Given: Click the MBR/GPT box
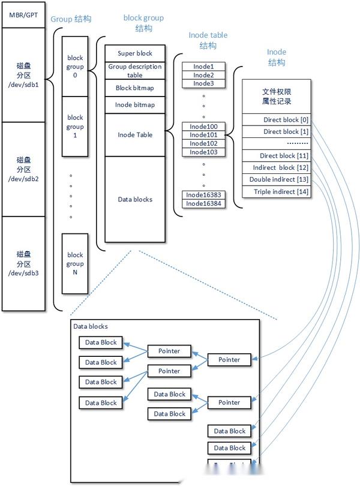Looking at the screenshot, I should tap(23, 14).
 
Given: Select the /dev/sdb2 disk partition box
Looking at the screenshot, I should tap(23, 169).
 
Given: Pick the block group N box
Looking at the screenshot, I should tap(75, 264).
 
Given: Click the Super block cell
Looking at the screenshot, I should tap(135, 53).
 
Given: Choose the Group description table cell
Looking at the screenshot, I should tap(135, 71).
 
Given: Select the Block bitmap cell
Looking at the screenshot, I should tap(135, 88).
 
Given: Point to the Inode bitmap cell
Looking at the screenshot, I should tap(135, 105).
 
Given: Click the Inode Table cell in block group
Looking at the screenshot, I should tap(135, 135).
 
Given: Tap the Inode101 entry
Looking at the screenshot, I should tap(203, 135).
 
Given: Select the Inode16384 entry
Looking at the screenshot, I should tap(203, 203).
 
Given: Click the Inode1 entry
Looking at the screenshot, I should tap(203, 67).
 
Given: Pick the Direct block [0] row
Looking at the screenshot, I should tap(277, 120).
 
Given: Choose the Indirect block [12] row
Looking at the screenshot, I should tap(277, 168).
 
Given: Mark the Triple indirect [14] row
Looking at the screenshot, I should tap(277, 192).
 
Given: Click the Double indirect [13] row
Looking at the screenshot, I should tap(277, 180).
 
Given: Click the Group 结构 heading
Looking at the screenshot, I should tap(71, 19).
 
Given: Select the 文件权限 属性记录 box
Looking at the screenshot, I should tap(277, 97).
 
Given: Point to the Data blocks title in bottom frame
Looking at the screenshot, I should tap(91, 327).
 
